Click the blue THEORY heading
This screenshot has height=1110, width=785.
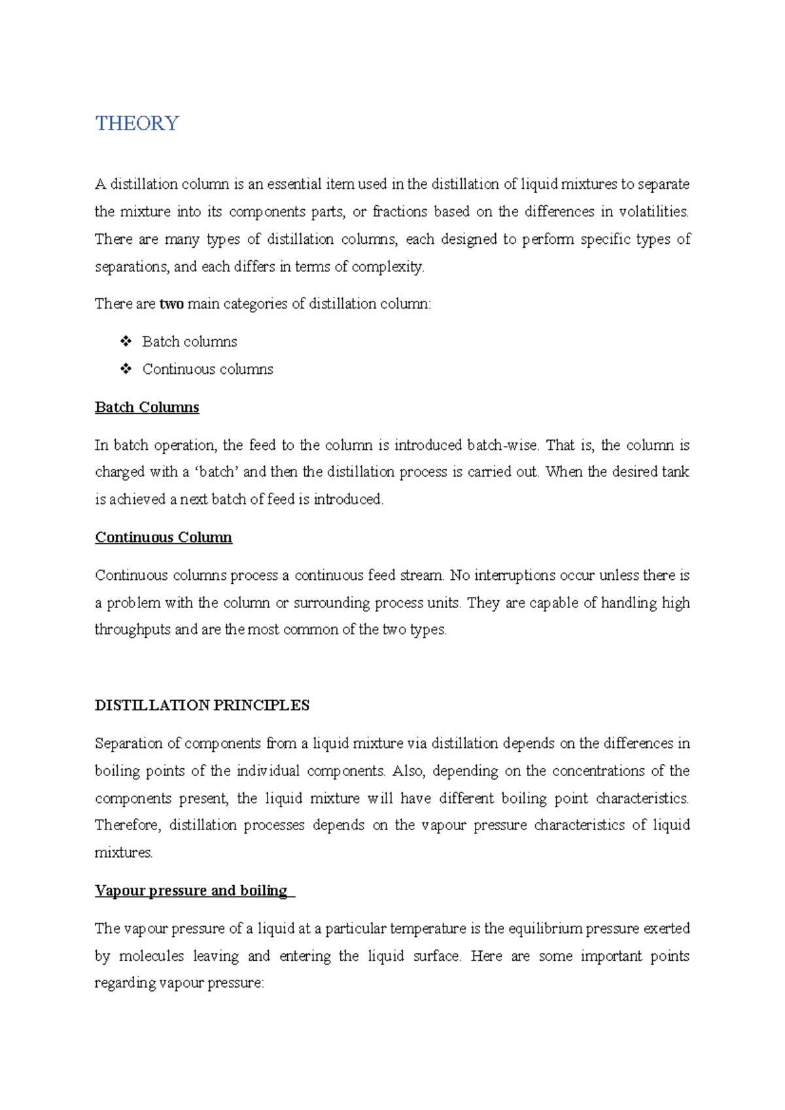point(137,124)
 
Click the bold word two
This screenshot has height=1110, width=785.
point(171,304)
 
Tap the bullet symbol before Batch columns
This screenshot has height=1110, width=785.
point(126,341)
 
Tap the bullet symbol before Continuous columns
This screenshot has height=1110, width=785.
point(126,369)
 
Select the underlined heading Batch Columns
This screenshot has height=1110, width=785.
point(147,407)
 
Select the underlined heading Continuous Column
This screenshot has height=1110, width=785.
point(164,537)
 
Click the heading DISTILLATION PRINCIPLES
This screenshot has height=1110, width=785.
point(202,705)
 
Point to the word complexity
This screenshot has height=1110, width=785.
point(388,267)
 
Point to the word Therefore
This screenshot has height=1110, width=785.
point(128,825)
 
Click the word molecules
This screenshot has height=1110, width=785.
point(151,956)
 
